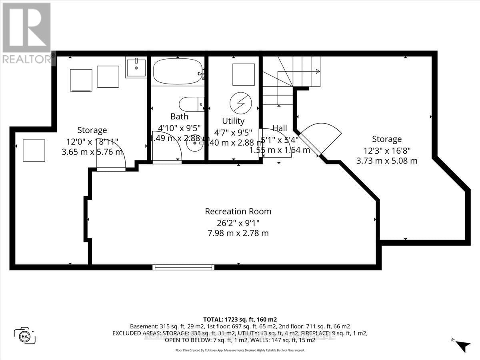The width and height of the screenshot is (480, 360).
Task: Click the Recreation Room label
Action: tap(238, 211)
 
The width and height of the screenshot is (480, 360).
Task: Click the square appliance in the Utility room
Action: tap(243, 74)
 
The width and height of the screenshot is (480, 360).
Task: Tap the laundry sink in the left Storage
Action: tap(136, 67)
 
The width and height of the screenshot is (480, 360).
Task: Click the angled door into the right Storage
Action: tap(320, 138)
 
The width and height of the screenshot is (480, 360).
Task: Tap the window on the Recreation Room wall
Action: tap(183, 267)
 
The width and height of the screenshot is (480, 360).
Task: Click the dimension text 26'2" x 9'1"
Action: tap(238, 222)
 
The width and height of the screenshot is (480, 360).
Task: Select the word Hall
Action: tap(280, 128)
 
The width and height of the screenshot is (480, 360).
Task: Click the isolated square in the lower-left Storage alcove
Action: tap(34, 150)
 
